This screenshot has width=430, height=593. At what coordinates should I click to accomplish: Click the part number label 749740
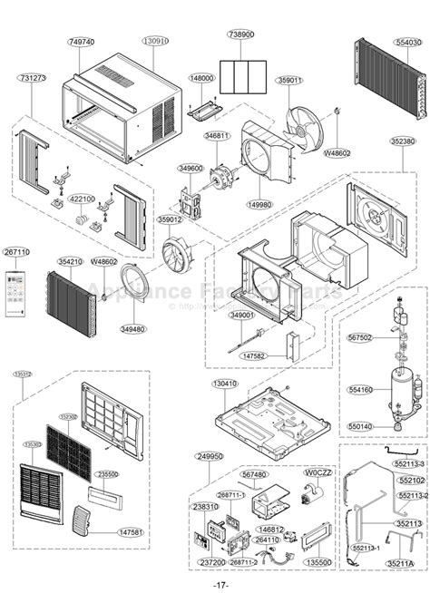tap(82, 42)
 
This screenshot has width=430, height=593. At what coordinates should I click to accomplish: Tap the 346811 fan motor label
tap(218, 135)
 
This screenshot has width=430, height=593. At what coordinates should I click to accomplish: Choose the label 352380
tap(403, 141)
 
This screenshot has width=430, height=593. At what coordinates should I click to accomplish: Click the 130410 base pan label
tap(226, 384)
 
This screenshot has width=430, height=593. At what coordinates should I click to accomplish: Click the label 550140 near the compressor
tap(360, 425)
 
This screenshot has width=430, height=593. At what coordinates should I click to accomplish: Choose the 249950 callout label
tap(209, 457)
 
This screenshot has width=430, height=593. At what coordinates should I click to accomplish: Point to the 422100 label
tap(83, 199)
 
